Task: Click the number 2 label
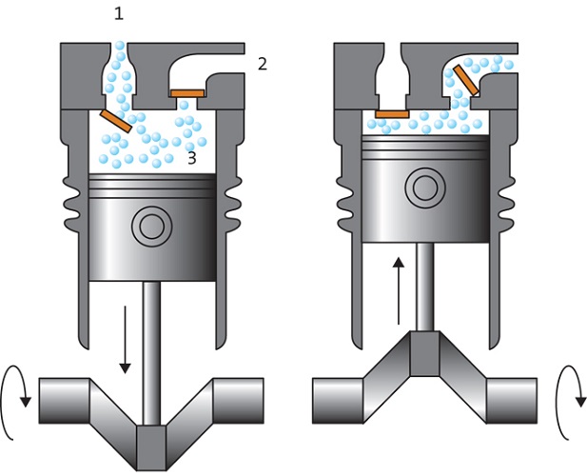tap(262, 64)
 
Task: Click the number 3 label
tap(191, 158)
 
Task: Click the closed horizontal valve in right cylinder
tap(391, 114)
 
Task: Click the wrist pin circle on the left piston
tap(150, 226)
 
